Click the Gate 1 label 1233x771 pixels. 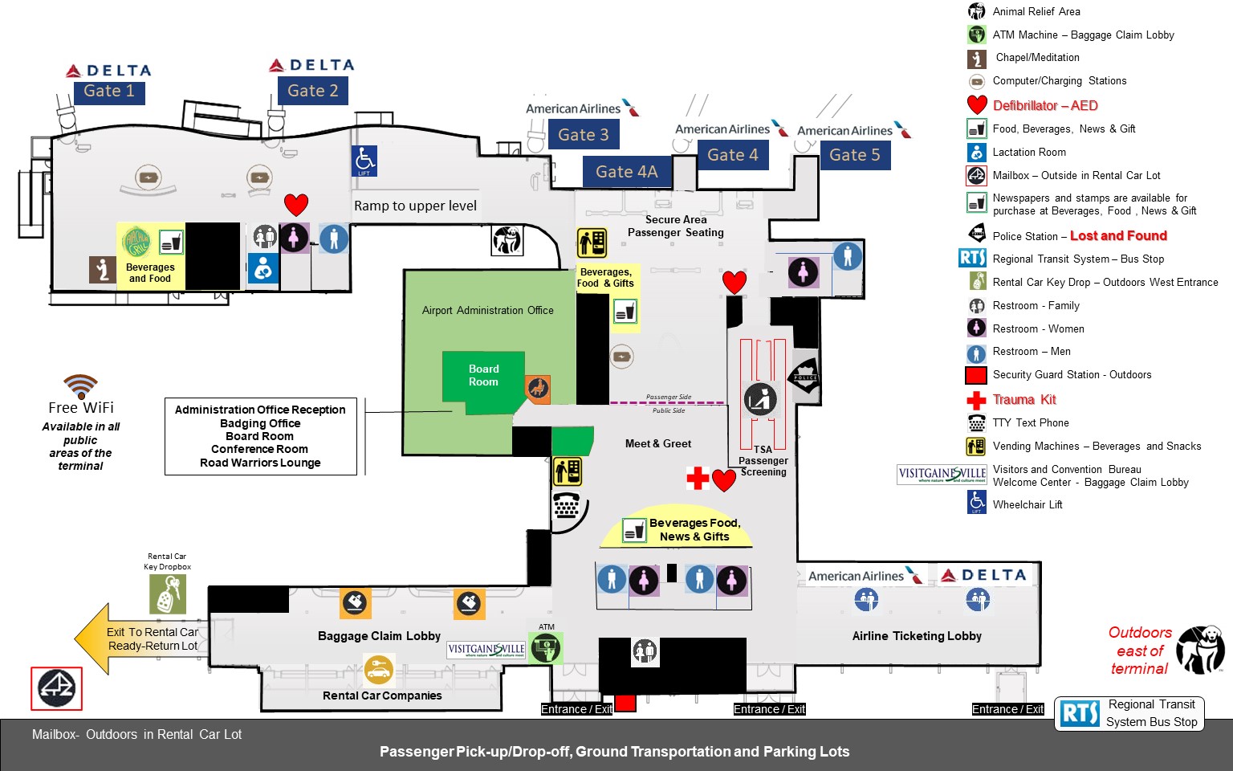point(109,92)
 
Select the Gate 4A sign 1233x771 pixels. point(626,172)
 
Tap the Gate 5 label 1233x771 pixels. point(854,155)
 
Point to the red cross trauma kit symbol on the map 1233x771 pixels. point(698,479)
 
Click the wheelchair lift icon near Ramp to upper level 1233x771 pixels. point(364,161)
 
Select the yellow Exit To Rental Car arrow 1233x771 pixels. point(136,638)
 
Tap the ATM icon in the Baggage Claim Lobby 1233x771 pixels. point(546,647)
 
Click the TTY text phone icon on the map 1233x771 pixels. point(567,506)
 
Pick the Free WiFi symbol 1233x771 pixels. point(81,386)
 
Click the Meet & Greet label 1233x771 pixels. point(657,443)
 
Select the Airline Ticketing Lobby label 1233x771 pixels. point(917,636)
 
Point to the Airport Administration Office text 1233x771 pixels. point(487,310)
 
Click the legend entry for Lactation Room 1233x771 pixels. point(1029,152)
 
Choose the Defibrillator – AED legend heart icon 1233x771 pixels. point(976,105)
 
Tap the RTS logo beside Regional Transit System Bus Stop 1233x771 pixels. point(1079,712)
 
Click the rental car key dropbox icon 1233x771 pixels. point(167,594)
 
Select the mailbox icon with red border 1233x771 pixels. point(56,688)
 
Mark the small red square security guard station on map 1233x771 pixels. point(625,703)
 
